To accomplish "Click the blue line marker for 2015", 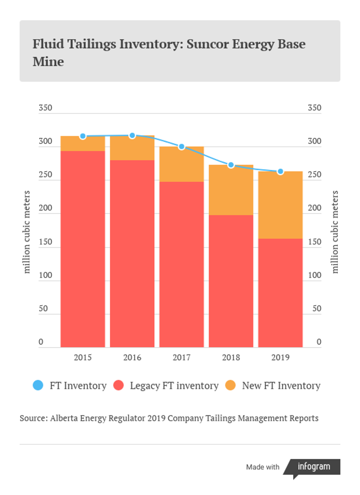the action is [x=83, y=136].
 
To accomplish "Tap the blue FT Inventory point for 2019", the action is [x=280, y=171].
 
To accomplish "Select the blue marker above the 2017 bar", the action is [x=181, y=146].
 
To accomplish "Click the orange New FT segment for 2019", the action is [x=280, y=205].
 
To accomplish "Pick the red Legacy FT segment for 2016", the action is [x=132, y=253].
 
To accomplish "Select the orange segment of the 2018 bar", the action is [x=231, y=190].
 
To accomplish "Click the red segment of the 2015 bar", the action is [x=83, y=249].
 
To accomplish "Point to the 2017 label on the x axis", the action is [x=181, y=357].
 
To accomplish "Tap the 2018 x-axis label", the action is [x=231, y=357].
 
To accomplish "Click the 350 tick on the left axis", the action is [x=45, y=108].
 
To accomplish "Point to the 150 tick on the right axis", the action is [x=315, y=242].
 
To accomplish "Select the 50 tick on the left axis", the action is [x=43, y=308].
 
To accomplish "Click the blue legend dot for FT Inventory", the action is [x=38, y=385].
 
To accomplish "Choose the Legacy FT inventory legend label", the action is [x=174, y=386].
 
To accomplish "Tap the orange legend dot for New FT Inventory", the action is [x=230, y=385].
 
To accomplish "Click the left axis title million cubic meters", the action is [x=26, y=232].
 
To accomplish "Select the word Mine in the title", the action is [x=48, y=61].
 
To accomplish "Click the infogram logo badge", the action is [x=311, y=467].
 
